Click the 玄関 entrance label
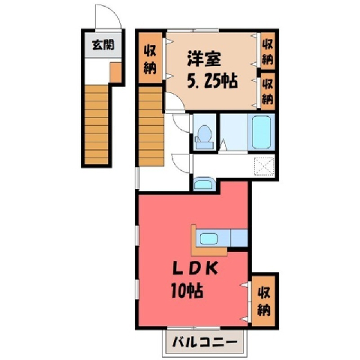click(x=103, y=45)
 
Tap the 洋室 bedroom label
click(x=204, y=59)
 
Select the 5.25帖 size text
click(x=212, y=81)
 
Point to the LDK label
click(x=196, y=269)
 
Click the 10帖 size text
click(x=187, y=291)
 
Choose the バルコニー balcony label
click(x=205, y=342)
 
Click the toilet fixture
click(x=204, y=137)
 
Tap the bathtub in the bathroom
click(x=262, y=132)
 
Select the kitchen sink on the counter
click(x=208, y=238)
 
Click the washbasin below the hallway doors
click(x=204, y=184)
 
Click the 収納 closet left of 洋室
click(x=150, y=58)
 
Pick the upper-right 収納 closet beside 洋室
click(x=268, y=51)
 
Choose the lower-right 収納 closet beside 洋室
click(x=268, y=91)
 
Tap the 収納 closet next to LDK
click(x=264, y=301)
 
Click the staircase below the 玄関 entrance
click(x=96, y=124)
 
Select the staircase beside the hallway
click(x=151, y=126)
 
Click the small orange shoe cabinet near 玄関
click(x=115, y=73)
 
